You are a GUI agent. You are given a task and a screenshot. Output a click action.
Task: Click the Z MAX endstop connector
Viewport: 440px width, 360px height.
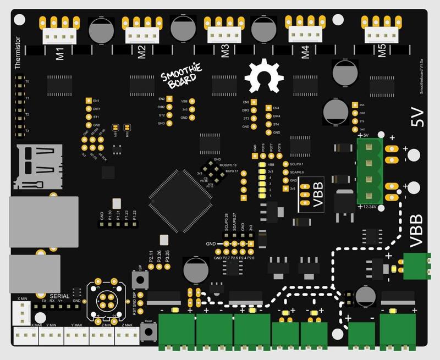tap(128, 335)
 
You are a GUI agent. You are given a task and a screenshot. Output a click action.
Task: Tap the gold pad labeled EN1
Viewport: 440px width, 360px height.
tap(89, 101)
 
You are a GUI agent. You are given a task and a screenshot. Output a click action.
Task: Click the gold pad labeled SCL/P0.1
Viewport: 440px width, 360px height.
tap(285, 164)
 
